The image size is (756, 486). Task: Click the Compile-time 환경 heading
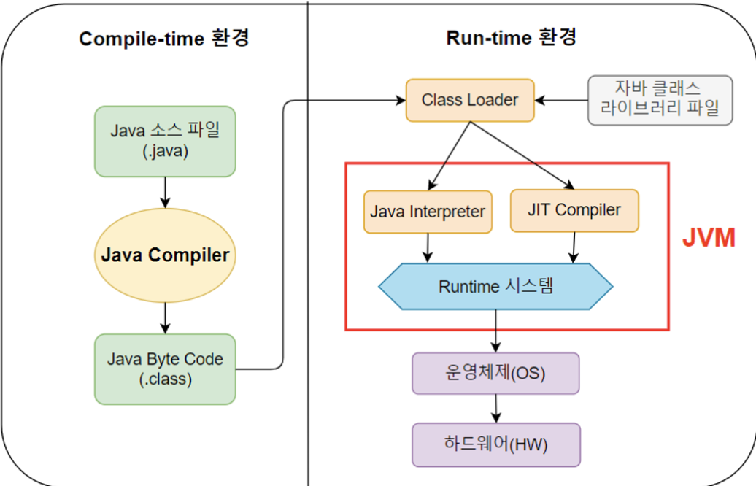164,39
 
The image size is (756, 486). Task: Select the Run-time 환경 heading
512,37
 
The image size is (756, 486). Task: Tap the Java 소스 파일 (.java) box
165,142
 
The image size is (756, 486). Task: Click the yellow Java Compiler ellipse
165,255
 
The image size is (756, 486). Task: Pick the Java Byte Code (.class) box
165,369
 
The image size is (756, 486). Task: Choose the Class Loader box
470,100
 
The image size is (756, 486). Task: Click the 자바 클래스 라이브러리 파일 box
660,99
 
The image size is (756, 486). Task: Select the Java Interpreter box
428,212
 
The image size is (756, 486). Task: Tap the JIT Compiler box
574,211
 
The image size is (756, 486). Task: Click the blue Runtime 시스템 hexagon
495,286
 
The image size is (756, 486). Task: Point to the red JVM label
709,238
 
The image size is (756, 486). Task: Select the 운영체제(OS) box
495,374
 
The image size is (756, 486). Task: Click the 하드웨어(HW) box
495,444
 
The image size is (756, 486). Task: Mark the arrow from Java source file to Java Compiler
165,191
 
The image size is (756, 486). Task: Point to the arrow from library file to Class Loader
561,100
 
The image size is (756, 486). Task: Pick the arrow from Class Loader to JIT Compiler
521,155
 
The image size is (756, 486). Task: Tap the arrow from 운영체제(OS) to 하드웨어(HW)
496,409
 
